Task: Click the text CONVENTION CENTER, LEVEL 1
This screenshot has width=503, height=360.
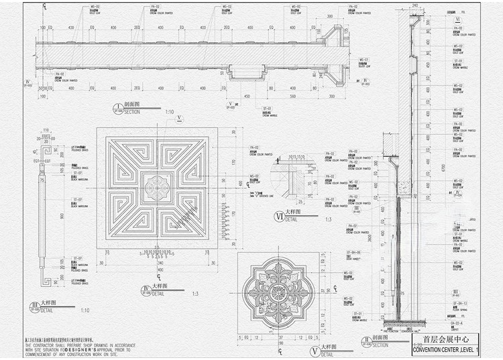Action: pos(447,350)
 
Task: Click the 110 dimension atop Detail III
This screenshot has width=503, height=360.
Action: pos(46,130)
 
